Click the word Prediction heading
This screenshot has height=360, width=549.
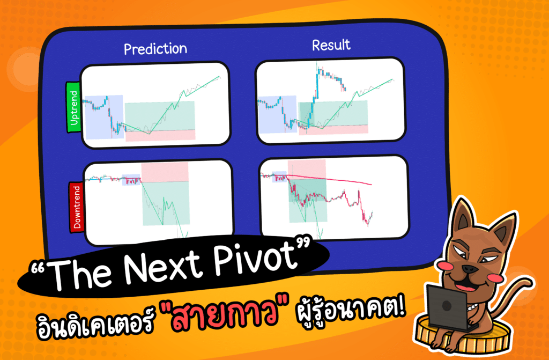point(155,49)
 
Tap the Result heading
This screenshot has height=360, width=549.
point(332,46)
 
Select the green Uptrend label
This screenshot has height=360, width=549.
point(73,107)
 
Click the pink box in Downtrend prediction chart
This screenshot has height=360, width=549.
point(165,172)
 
